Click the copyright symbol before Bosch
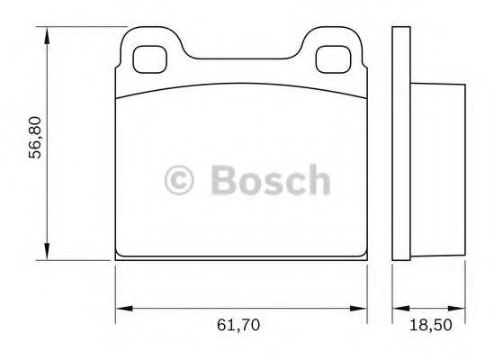point(180,180)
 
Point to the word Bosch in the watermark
point(269,180)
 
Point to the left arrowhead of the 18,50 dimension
point(397,309)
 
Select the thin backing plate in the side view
point(400,144)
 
